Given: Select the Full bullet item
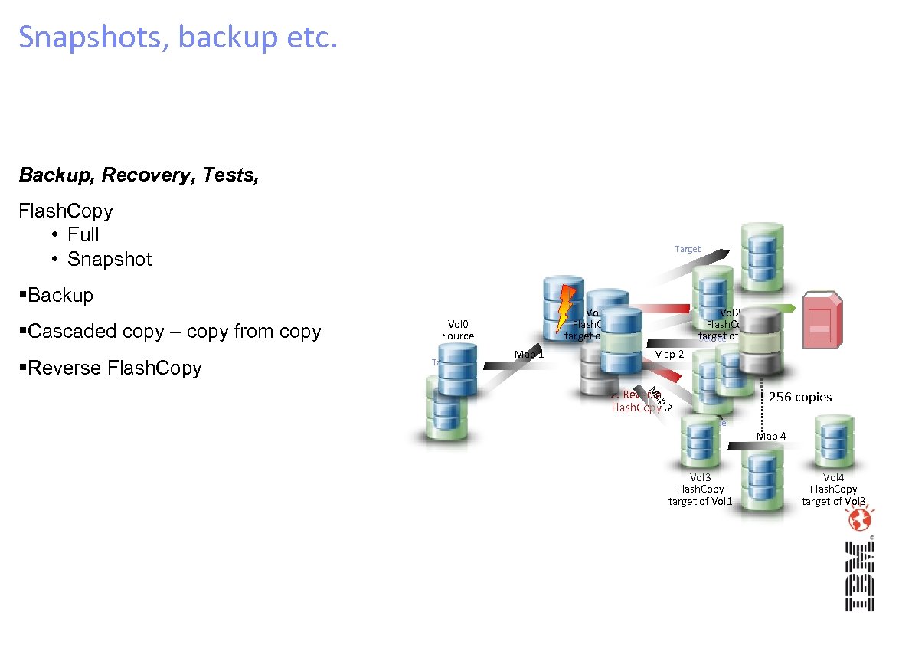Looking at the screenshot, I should pyautogui.click(x=83, y=234).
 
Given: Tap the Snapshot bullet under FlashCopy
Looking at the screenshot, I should pyautogui.click(x=110, y=259).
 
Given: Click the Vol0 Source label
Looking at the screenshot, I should pyautogui.click(x=458, y=329).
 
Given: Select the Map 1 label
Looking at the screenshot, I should pyautogui.click(x=529, y=354).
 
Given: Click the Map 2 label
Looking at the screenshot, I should pyautogui.click(x=668, y=354).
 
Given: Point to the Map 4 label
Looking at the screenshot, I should pyautogui.click(x=771, y=436).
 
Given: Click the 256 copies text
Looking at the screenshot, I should pyautogui.click(x=800, y=397).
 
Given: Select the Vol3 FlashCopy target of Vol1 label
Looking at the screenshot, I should pyautogui.click(x=700, y=489).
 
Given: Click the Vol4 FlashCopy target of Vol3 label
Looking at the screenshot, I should pyautogui.click(x=833, y=489).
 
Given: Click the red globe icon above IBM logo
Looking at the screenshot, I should pyautogui.click(x=858, y=519).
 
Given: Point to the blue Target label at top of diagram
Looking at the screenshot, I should pyautogui.click(x=687, y=249).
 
